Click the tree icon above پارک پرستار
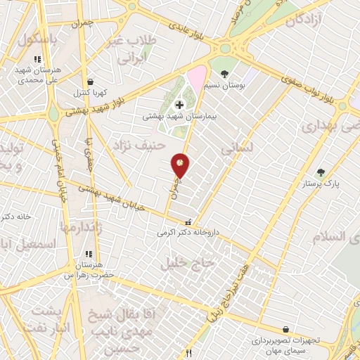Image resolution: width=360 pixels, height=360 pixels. (321, 172)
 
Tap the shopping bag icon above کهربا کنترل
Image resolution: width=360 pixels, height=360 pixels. (89, 82)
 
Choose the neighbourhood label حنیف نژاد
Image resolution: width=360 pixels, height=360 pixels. (138, 147)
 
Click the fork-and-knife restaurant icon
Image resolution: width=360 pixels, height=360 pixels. (188, 352)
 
